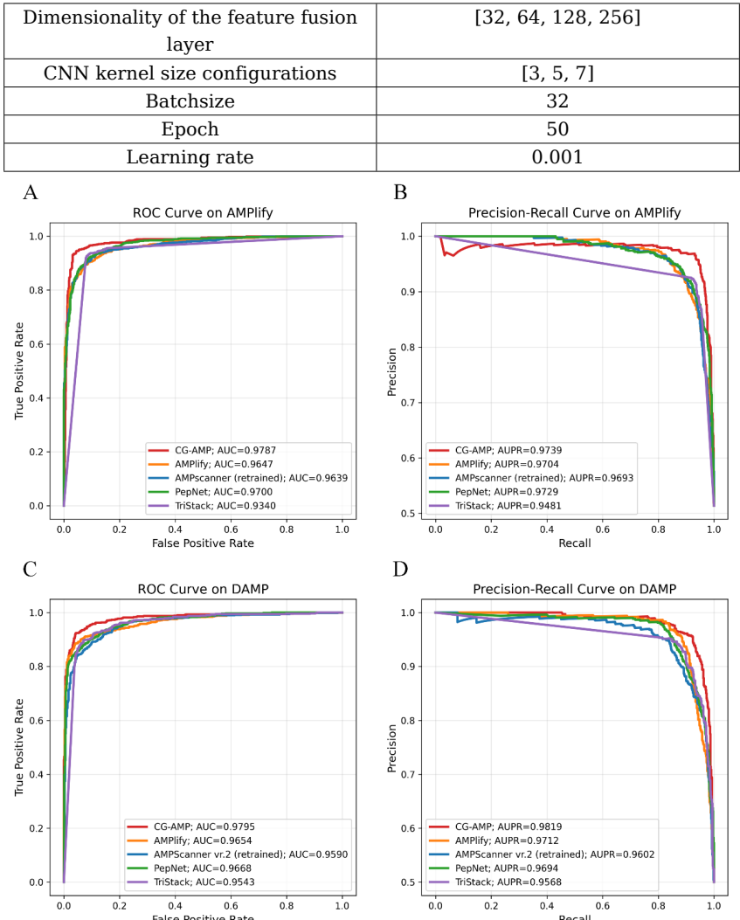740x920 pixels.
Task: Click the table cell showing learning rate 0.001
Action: tap(557, 157)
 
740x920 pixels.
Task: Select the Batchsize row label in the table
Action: tap(190, 101)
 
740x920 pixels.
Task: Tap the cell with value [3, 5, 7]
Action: tap(557, 73)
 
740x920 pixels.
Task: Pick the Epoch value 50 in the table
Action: tap(557, 129)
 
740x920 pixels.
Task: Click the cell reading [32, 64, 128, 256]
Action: tap(557, 17)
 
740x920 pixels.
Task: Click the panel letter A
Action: tap(31, 193)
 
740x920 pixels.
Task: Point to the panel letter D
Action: tap(400, 570)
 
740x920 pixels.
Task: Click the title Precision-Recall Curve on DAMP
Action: tap(574, 589)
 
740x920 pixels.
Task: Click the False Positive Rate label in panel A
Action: tap(203, 543)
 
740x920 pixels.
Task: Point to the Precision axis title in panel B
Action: tap(393, 370)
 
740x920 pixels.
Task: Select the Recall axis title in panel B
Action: tap(574, 543)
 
